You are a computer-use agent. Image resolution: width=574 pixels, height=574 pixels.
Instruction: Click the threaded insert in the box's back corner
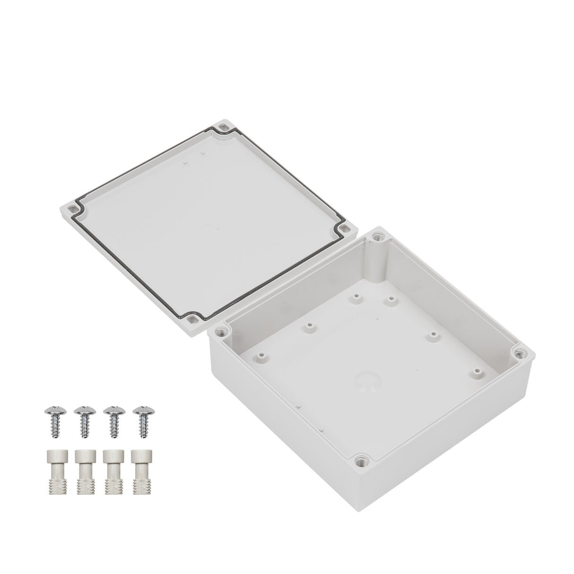coord(379,236)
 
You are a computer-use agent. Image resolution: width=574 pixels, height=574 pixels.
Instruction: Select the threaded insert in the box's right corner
coord(519,352)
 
